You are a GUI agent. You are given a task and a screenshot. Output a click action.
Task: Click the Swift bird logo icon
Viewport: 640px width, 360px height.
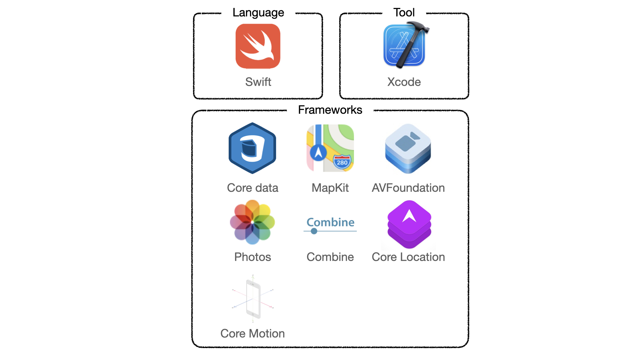click(x=258, y=46)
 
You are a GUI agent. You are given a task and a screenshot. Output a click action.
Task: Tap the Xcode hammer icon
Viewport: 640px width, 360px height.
click(x=405, y=45)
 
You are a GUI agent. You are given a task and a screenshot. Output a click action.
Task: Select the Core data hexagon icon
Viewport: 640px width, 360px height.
click(x=252, y=148)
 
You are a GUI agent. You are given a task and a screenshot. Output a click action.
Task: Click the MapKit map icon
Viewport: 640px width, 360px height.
click(x=330, y=148)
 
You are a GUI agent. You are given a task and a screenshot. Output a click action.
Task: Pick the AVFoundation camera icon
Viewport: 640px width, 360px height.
click(x=408, y=148)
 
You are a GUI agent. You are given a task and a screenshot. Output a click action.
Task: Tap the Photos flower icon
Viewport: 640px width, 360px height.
click(x=252, y=222)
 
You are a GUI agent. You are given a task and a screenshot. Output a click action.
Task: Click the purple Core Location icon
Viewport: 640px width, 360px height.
click(x=409, y=224)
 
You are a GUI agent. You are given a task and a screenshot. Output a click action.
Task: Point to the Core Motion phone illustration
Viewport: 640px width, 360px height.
click(x=253, y=298)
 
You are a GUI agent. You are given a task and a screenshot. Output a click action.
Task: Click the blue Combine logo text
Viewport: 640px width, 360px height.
click(x=330, y=222)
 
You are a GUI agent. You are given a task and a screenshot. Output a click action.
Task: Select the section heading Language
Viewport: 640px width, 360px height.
click(x=258, y=13)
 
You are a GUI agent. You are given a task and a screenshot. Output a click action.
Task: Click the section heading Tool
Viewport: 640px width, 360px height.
click(x=404, y=13)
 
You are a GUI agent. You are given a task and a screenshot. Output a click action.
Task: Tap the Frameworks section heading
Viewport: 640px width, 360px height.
click(x=330, y=110)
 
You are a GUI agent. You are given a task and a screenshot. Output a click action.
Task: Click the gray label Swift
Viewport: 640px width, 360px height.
click(x=258, y=82)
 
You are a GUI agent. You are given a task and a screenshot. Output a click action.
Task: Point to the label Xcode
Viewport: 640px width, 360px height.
click(x=404, y=82)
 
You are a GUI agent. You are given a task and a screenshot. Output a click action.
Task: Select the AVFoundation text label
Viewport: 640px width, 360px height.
click(x=408, y=188)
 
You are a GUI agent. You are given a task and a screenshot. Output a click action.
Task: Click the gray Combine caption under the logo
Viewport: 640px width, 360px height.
click(x=330, y=257)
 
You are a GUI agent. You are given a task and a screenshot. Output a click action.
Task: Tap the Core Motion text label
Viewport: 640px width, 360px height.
click(x=252, y=333)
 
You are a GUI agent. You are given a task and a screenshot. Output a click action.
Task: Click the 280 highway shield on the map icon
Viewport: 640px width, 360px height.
click(x=342, y=162)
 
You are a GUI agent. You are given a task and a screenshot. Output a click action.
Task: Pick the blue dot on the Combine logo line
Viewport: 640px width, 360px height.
click(x=314, y=231)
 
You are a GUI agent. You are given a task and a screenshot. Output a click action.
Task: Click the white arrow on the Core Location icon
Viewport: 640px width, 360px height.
click(x=409, y=216)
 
